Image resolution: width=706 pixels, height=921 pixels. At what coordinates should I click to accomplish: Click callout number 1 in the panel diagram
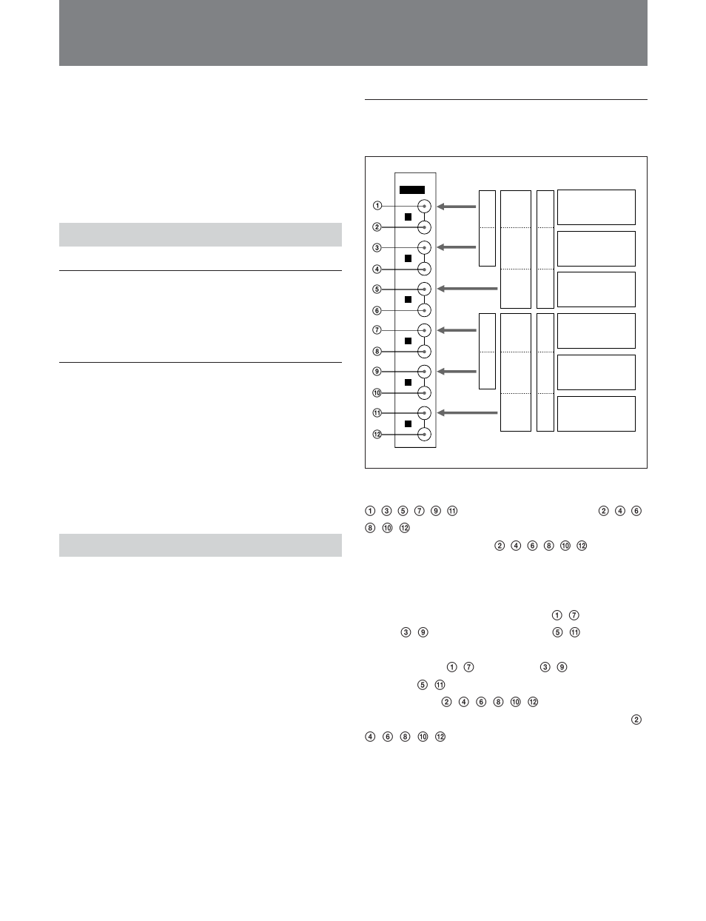(x=377, y=206)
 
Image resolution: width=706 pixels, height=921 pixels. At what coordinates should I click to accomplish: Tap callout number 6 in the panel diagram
(x=377, y=311)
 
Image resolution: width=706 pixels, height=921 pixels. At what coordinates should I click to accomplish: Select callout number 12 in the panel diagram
(x=377, y=435)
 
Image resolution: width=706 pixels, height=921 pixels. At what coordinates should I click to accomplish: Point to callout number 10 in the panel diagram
(x=377, y=393)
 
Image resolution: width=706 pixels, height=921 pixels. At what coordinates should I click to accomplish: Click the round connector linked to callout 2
(x=424, y=227)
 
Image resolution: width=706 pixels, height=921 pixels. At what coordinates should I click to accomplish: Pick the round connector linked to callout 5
(x=424, y=289)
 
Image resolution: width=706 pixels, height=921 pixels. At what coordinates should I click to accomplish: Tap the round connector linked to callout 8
(x=424, y=352)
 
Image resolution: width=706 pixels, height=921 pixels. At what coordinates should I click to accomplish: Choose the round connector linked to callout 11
(x=424, y=413)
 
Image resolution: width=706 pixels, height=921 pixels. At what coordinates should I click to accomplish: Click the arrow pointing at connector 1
(x=457, y=207)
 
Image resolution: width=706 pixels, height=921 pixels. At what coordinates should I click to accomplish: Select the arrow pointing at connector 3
(x=457, y=247)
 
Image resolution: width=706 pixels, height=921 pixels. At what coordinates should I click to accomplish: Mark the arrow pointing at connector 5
(x=467, y=289)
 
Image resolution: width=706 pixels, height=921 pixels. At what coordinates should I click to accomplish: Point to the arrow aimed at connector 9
(x=457, y=371)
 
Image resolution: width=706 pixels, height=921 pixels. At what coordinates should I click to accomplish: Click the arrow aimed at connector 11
(x=467, y=413)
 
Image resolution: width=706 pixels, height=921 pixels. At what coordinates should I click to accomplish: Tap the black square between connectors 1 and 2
(x=409, y=217)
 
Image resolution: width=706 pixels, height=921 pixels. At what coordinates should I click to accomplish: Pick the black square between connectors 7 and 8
(x=409, y=341)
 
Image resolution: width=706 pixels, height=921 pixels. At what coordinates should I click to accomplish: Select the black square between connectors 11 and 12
(x=409, y=423)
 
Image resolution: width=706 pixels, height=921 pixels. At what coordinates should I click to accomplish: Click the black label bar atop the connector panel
(x=412, y=190)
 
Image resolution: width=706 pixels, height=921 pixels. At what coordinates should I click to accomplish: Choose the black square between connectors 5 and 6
(x=409, y=300)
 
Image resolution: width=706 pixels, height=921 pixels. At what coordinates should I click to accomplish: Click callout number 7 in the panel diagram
(x=377, y=329)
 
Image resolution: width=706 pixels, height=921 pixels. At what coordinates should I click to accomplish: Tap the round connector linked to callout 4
(x=424, y=269)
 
